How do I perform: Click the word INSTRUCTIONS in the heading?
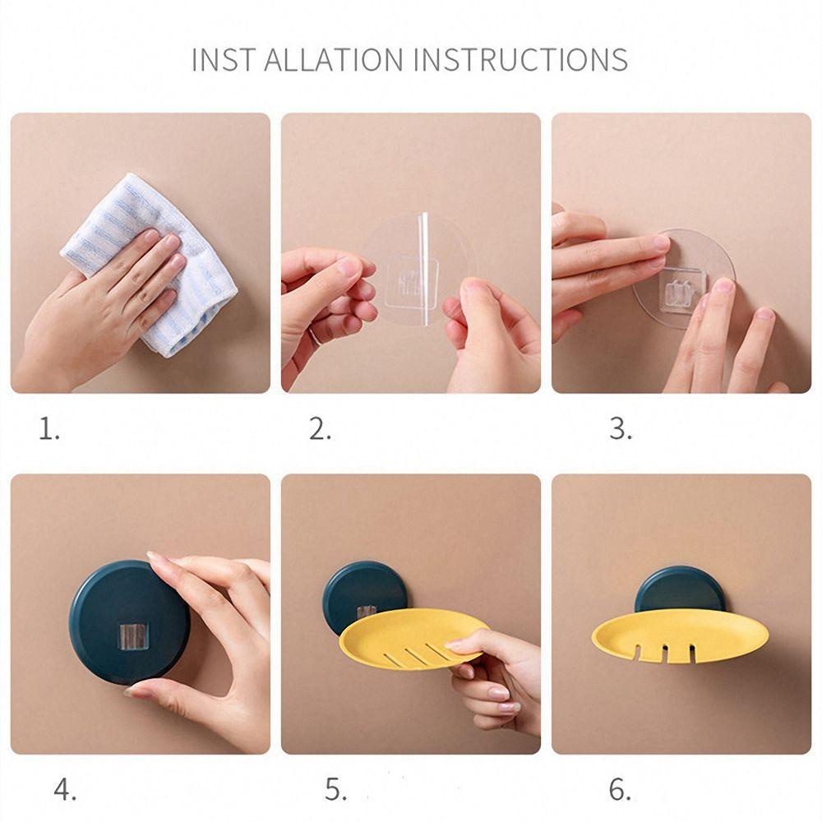521,59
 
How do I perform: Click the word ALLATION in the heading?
334,59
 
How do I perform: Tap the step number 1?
49,429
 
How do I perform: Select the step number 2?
320,429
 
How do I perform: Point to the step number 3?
621,429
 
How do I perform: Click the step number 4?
65,790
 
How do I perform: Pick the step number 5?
335,790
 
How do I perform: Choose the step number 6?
620,790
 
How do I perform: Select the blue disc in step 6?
680,589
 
